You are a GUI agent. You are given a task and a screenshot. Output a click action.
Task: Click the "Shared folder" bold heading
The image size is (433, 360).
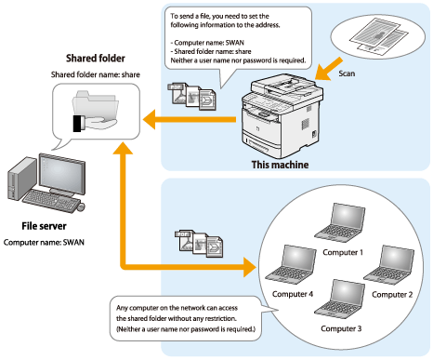pyautogui.click(x=96, y=59)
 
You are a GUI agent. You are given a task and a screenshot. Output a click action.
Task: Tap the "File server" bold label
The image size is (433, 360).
pyautogui.click(x=44, y=226)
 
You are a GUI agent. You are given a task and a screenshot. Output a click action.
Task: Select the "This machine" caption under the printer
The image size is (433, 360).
pyautogui.click(x=280, y=165)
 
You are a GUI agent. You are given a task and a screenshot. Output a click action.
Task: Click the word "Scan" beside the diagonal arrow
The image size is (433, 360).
pyautogui.click(x=347, y=73)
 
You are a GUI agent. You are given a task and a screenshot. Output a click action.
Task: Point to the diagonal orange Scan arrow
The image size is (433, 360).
pyautogui.click(x=329, y=69)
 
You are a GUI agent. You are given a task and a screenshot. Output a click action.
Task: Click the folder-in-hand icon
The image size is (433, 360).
pyautogui.click(x=95, y=111)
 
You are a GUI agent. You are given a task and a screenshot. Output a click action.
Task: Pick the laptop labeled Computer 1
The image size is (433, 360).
pyautogui.click(x=340, y=222)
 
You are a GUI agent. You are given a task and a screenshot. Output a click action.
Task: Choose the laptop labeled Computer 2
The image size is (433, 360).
pyautogui.click(x=389, y=264)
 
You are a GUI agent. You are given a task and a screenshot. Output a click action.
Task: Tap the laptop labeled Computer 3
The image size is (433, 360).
pyautogui.click(x=340, y=299)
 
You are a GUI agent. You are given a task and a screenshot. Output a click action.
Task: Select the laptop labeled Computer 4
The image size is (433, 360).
pyautogui.click(x=291, y=264)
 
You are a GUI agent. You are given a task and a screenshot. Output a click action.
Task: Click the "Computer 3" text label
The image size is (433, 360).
pyautogui.click(x=341, y=328)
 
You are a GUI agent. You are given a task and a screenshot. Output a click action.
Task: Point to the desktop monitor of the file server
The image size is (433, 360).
pyautogui.click(x=62, y=174)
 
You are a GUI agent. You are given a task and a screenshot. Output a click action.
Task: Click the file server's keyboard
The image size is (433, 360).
pyautogui.click(x=51, y=201)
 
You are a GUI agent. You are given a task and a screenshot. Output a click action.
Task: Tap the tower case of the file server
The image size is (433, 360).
pyautogui.click(x=21, y=179)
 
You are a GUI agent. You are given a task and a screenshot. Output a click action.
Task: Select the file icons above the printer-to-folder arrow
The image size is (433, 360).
pyautogui.click(x=192, y=96)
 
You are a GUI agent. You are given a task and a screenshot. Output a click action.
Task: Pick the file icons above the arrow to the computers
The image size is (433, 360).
pyautogui.click(x=199, y=244)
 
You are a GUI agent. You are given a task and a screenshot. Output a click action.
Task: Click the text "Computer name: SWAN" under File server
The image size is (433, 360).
pyautogui.click(x=44, y=242)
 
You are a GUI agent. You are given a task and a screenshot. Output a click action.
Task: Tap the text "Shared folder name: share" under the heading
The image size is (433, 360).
pyautogui.click(x=96, y=74)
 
